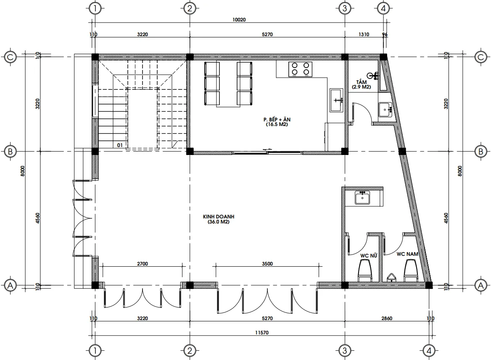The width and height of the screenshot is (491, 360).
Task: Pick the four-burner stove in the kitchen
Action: [x=301, y=69]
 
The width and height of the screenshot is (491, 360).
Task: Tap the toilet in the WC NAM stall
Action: [x=410, y=270]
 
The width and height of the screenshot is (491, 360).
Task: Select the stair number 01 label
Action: [x=120, y=145]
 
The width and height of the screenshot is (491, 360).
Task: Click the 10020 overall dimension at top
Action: [x=238, y=20]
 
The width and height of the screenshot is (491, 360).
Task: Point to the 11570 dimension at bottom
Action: [x=261, y=332]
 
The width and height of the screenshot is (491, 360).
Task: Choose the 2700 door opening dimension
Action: [x=143, y=264]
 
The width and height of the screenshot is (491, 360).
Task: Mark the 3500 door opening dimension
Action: [x=267, y=264]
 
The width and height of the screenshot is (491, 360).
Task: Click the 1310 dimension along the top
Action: [x=364, y=35]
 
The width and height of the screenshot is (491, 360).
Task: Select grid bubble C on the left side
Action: [x=10, y=57]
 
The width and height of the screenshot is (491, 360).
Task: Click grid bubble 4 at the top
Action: [x=383, y=8]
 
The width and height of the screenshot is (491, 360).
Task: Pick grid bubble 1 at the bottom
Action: [x=96, y=350]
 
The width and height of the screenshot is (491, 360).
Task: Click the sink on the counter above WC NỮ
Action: [x=362, y=197]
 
